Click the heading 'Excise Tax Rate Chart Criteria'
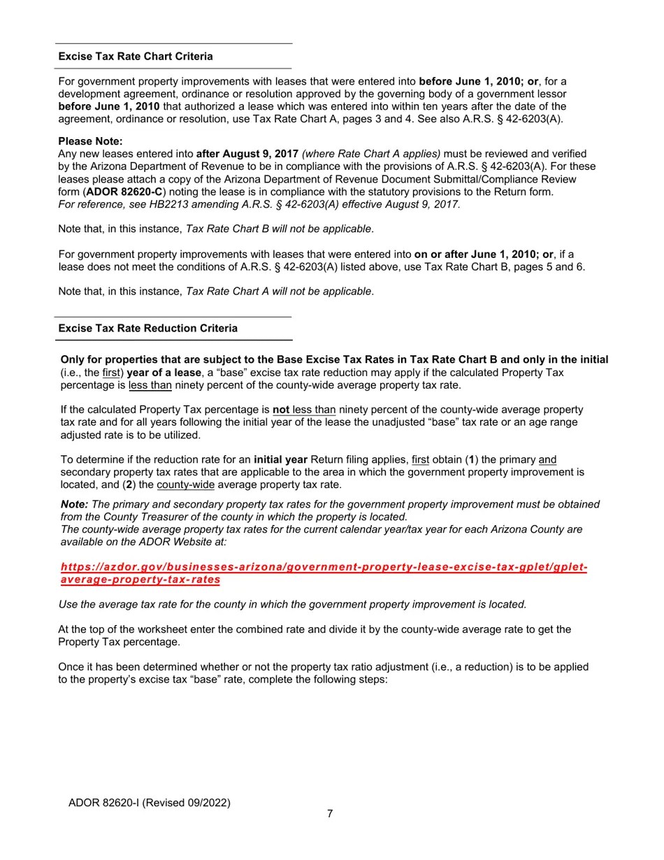click(x=136, y=57)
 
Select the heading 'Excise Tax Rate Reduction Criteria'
click(x=147, y=329)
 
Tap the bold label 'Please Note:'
click(x=90, y=141)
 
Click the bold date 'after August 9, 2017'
click(x=247, y=154)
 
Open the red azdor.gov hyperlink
click(x=324, y=567)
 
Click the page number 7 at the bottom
click(x=330, y=814)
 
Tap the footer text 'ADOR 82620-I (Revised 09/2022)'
click(x=149, y=803)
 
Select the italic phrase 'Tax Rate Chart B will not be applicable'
click(x=278, y=229)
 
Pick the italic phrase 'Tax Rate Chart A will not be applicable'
click(x=278, y=292)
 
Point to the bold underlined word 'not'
click(x=281, y=410)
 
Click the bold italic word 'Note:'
click(x=74, y=505)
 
